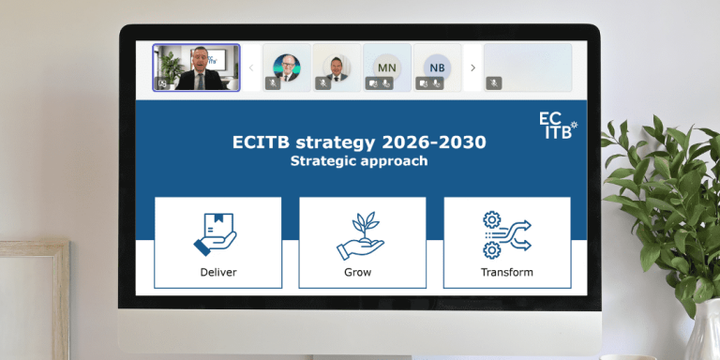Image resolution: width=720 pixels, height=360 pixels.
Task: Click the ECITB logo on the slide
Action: [x=558, y=125]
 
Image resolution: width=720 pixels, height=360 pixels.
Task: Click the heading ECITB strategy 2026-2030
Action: [x=359, y=142]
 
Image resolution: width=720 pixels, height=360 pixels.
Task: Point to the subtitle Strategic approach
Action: [x=359, y=161]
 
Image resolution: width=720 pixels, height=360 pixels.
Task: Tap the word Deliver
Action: [x=217, y=272]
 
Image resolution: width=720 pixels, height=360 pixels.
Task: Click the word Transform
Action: [x=507, y=272]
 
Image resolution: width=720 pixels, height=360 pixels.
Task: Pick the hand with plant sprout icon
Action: [x=360, y=235]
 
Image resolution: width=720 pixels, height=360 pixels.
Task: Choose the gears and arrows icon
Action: [x=506, y=234]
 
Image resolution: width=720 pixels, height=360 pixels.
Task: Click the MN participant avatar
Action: [x=386, y=67]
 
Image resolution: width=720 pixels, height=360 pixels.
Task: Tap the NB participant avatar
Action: [x=437, y=67]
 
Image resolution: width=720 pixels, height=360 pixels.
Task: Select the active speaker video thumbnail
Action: [x=197, y=67]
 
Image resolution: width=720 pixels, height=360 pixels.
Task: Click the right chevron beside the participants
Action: [x=472, y=67]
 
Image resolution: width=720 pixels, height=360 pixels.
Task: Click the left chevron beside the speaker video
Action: [x=250, y=67]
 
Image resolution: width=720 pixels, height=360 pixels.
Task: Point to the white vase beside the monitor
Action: [x=702, y=333]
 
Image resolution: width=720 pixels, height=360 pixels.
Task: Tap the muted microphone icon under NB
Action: [x=438, y=83]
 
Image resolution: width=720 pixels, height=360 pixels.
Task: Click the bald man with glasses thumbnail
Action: [x=286, y=67]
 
